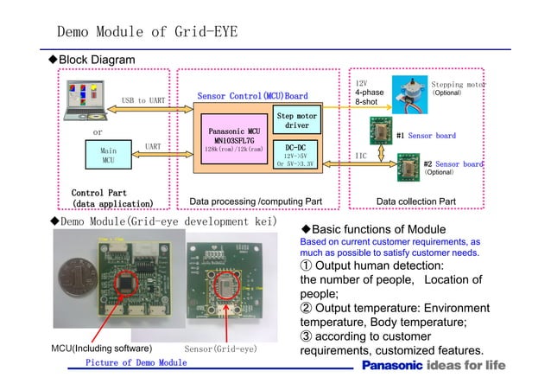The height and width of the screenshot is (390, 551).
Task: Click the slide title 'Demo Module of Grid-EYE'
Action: (x=147, y=33)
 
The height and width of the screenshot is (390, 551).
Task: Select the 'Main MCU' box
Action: (x=109, y=155)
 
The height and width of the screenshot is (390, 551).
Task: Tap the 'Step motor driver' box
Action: (x=296, y=120)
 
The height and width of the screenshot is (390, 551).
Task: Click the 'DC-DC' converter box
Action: (x=296, y=154)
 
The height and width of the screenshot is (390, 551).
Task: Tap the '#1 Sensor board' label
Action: (x=425, y=136)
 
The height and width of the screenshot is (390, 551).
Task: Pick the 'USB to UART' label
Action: (x=144, y=101)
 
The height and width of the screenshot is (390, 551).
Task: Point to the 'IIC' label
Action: (x=364, y=156)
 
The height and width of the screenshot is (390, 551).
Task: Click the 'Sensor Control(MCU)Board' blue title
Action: (x=252, y=95)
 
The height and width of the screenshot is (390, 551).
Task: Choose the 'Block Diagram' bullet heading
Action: (x=95, y=59)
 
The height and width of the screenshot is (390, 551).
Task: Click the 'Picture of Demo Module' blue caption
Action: (x=136, y=363)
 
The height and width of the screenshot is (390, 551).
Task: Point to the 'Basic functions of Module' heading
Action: (x=377, y=228)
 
